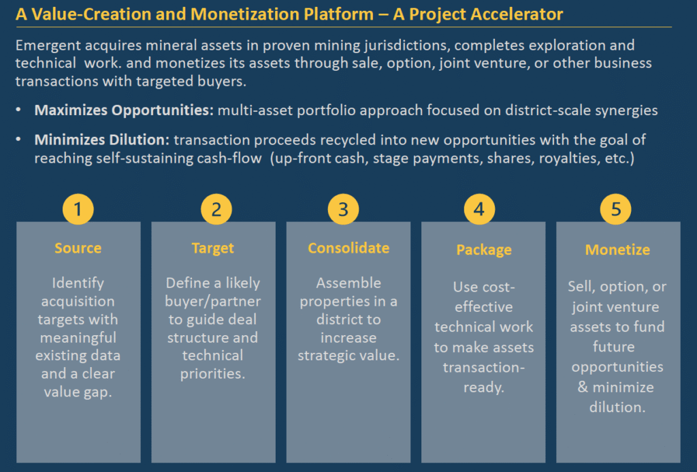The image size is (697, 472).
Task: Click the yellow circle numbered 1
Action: click(78, 209)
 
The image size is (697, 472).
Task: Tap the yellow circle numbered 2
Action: click(216, 209)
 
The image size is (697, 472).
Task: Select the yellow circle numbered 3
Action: click(343, 209)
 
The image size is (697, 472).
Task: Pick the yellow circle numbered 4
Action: click(479, 209)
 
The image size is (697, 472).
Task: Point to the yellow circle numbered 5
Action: click(615, 209)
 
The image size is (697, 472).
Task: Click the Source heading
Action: click(78, 248)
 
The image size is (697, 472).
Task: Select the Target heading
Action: click(212, 248)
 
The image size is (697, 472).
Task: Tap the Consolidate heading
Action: click(348, 248)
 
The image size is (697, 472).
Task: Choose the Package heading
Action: click(484, 250)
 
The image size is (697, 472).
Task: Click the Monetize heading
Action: click(617, 250)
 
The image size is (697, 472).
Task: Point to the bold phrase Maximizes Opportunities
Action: click(124, 110)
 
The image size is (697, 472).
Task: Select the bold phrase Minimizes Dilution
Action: click(102, 140)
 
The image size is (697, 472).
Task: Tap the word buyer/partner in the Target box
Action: click(212, 302)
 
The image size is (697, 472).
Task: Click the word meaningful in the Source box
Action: click(78, 338)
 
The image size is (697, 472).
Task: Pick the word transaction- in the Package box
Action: click(484, 368)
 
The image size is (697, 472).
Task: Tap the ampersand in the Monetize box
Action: click(583, 387)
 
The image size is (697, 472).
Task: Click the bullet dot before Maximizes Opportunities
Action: click(18, 110)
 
